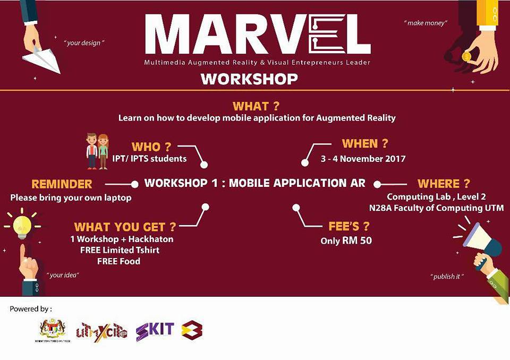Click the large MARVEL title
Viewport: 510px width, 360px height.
[x=257, y=36]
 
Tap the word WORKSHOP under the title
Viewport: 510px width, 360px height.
[x=249, y=79]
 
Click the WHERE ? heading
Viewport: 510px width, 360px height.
[x=444, y=184]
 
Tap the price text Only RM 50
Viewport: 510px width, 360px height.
[x=346, y=241]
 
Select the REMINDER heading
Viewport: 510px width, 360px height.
[x=62, y=184]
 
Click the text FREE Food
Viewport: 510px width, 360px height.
[x=118, y=261]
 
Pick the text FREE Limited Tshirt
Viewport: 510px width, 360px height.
[x=120, y=250]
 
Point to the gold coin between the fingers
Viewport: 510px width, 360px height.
[x=466, y=56]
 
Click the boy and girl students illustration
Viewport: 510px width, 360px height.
[x=97, y=151]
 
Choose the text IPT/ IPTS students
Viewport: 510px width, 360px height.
[x=149, y=159]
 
